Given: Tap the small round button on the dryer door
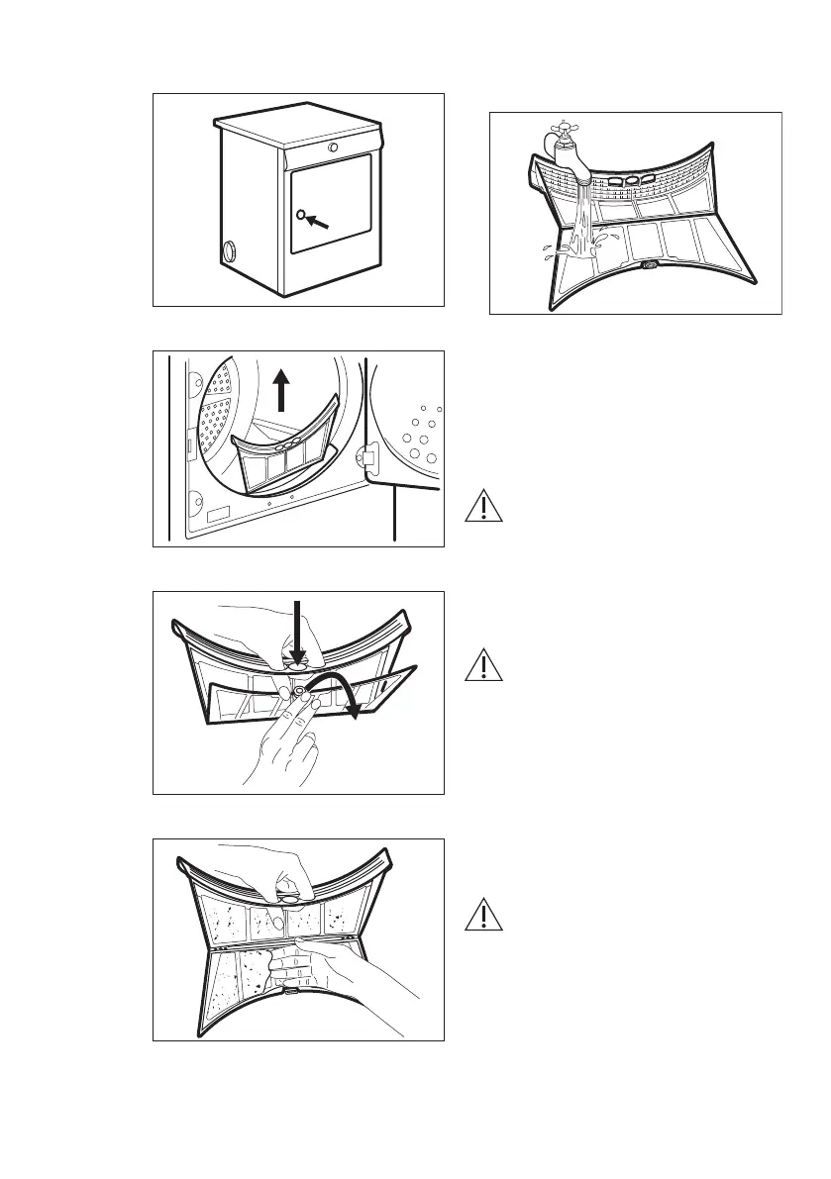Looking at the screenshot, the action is coord(300,214).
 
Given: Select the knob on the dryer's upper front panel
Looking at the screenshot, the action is coord(333,147).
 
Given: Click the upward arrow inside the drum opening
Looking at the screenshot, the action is coord(281,388).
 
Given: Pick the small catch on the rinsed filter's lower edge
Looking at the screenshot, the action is coord(649,266).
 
